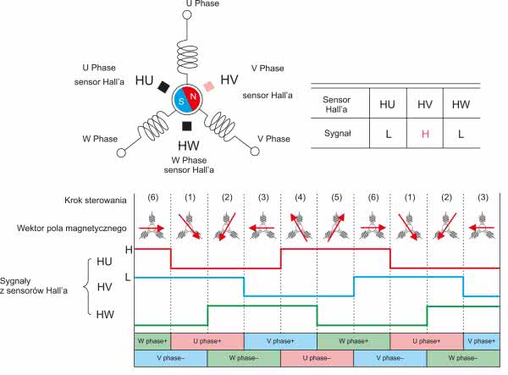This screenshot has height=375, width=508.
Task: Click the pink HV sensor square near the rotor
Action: pyautogui.click(x=208, y=85)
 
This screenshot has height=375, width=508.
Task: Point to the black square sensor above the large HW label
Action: pyautogui.click(x=186, y=126)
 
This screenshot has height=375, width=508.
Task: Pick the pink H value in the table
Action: pyautogui.click(x=428, y=133)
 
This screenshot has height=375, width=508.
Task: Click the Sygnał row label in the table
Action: pyautogui.click(x=338, y=133)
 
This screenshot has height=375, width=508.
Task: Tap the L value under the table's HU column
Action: pyautogui.click(x=387, y=133)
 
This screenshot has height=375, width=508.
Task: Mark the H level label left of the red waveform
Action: pyautogui.click(x=129, y=249)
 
